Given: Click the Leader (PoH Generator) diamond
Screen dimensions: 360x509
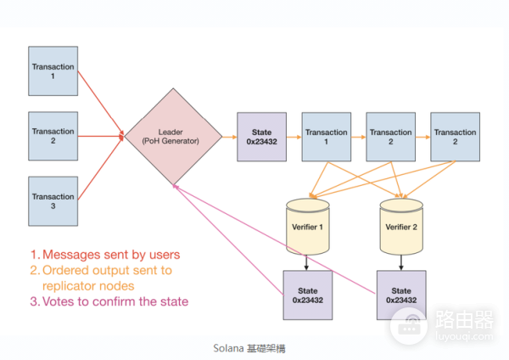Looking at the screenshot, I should coord(173,136).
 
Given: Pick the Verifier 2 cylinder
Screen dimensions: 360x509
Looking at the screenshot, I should coord(401,227).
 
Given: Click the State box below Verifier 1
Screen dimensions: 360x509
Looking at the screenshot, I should coord(307,295).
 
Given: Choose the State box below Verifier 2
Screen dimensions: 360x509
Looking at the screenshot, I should coord(401,295).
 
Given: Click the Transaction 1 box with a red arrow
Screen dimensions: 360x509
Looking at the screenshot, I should coord(53,70).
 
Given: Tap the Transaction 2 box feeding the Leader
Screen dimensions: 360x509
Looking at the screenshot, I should coord(53,136).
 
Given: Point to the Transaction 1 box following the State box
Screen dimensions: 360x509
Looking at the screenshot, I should coord(326,136).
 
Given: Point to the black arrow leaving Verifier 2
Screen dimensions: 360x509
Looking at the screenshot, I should coord(401,262).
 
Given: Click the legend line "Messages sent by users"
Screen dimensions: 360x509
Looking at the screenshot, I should coord(105,254).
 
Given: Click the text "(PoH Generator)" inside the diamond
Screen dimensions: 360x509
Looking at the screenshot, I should coord(173,141).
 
